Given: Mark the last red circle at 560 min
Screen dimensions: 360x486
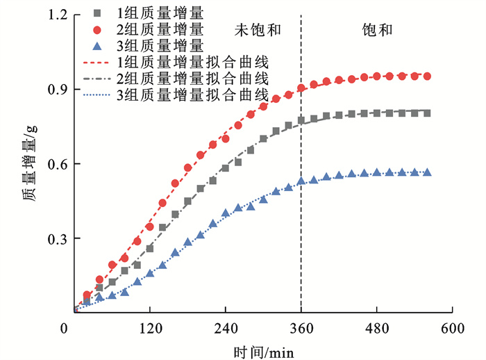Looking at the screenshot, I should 427,76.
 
